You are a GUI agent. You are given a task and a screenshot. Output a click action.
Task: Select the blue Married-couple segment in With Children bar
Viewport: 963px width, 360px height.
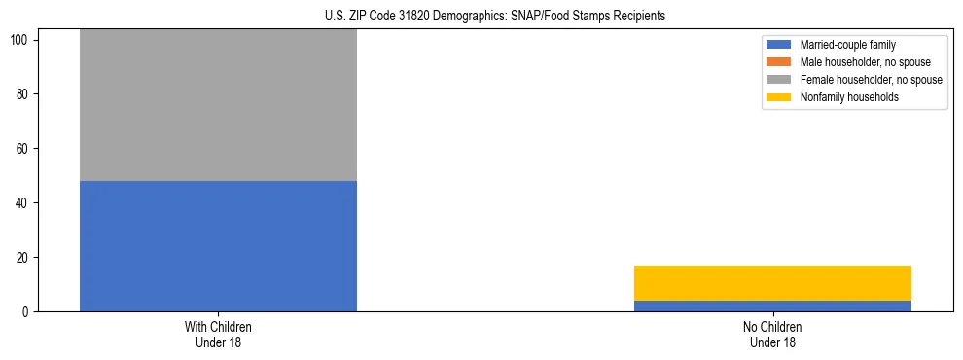point(218,246)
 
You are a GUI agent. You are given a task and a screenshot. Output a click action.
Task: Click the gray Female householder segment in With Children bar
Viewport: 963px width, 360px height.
point(218,105)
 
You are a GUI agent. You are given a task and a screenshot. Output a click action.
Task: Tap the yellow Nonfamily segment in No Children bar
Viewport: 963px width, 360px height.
point(772,283)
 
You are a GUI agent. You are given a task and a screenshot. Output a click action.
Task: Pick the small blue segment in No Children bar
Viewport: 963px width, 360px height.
point(772,306)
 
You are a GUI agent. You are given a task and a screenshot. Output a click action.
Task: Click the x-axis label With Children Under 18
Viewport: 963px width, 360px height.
point(218,334)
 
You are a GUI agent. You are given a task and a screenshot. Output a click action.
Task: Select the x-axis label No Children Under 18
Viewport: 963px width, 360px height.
point(772,334)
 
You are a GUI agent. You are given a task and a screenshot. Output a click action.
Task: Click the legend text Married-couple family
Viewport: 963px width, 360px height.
point(847,45)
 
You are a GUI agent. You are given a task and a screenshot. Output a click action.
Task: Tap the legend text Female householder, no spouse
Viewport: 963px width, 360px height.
point(871,80)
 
